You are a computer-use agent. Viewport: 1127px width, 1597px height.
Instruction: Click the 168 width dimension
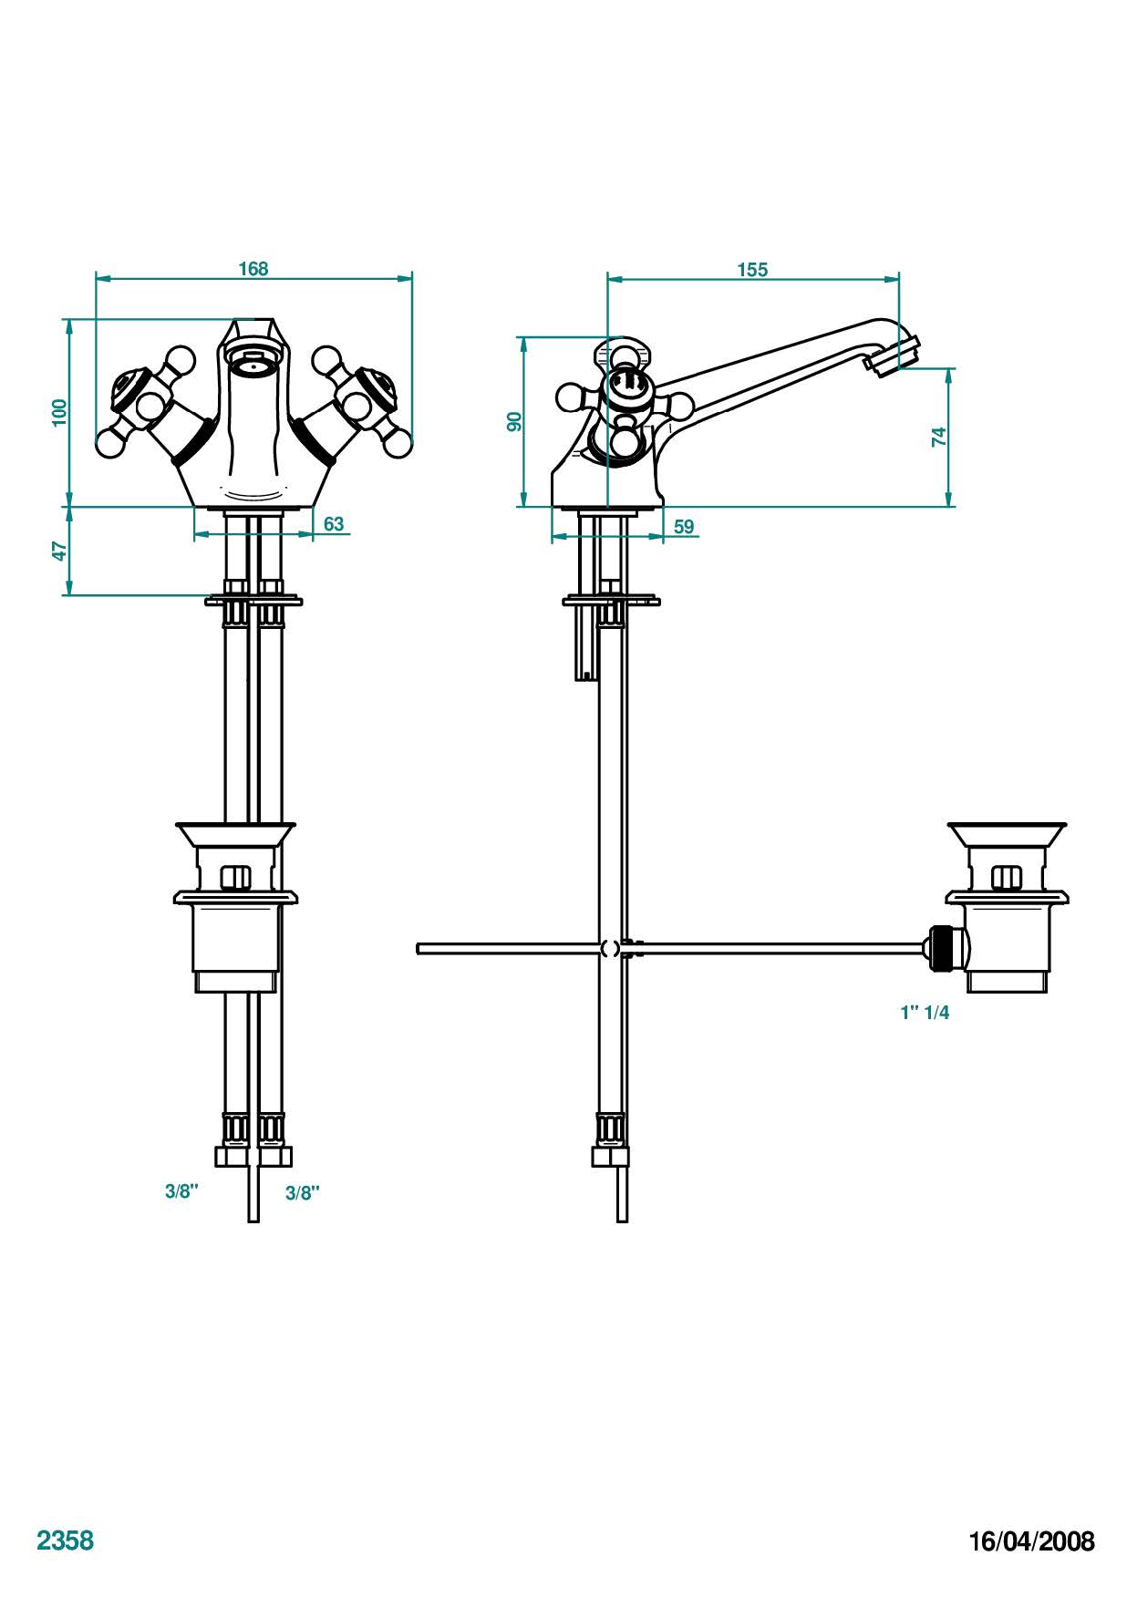pyautogui.click(x=253, y=269)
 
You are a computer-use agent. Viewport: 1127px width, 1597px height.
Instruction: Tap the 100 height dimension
pyautogui.click(x=59, y=412)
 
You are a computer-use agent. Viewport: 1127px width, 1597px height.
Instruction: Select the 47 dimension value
pyautogui.click(x=59, y=551)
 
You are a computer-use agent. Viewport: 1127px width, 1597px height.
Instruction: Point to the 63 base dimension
pyautogui.click(x=334, y=523)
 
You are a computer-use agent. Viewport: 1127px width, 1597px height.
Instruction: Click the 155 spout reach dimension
pyautogui.click(x=752, y=270)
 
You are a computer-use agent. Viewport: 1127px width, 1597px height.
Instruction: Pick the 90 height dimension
pyautogui.click(x=514, y=421)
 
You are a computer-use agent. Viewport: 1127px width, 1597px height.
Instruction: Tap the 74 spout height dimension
pyautogui.click(x=939, y=437)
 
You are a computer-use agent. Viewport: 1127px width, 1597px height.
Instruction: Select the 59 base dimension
pyautogui.click(x=684, y=527)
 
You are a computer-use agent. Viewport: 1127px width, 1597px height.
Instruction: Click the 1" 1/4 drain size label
pyautogui.click(x=925, y=1013)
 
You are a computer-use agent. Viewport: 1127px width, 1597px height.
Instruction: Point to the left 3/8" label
pyautogui.click(x=181, y=1191)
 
